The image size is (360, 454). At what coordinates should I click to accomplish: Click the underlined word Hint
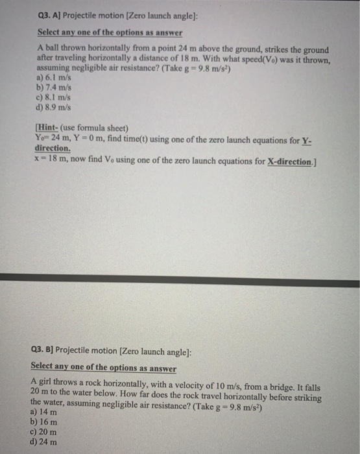click(49, 128)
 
